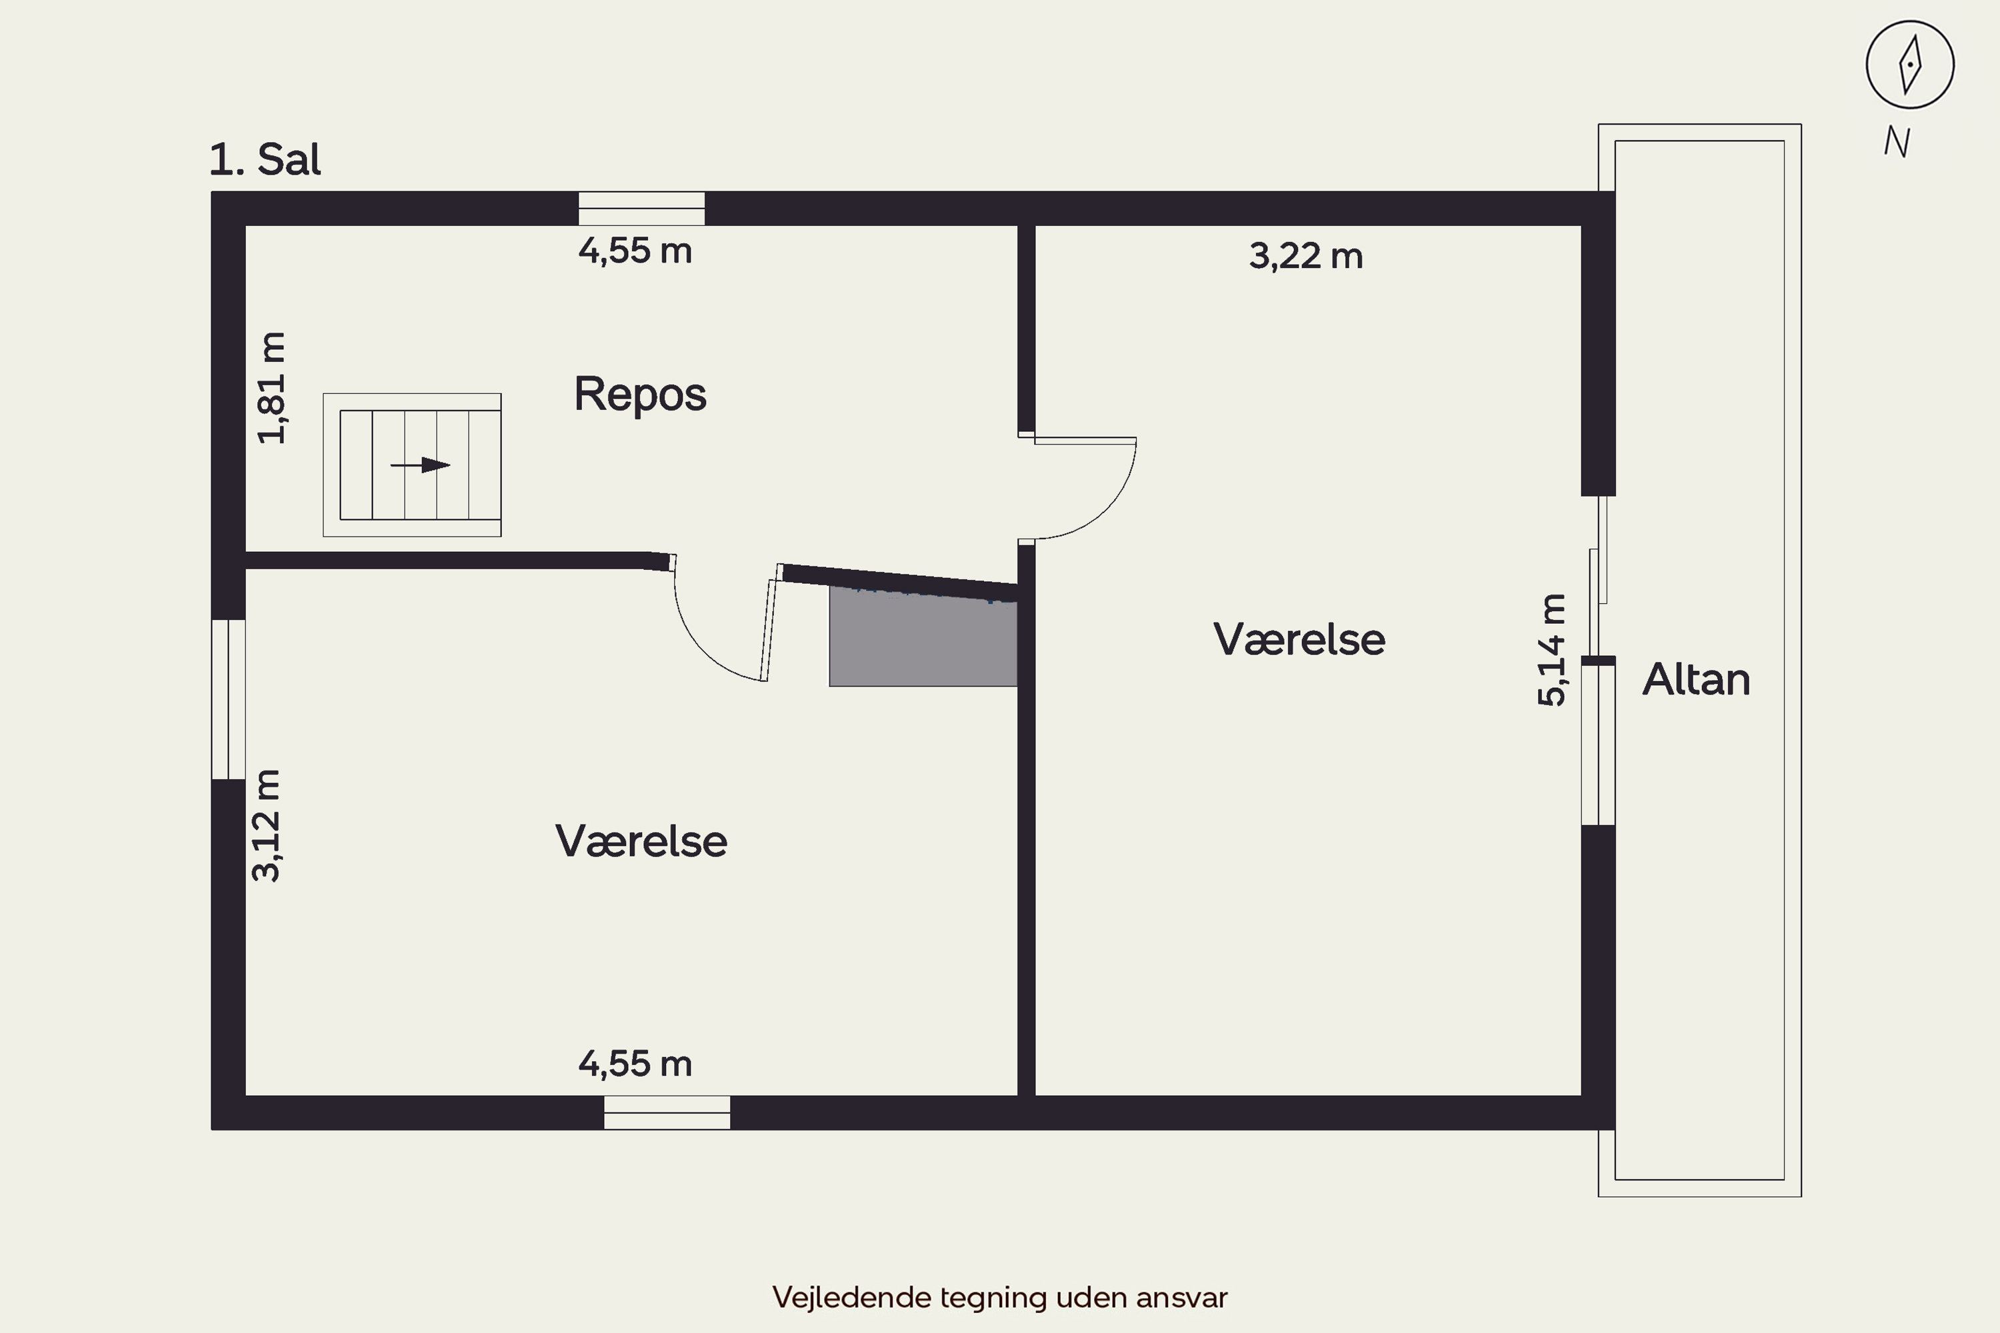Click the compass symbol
click(x=1910, y=65)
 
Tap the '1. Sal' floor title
click(x=265, y=159)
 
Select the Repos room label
click(x=639, y=394)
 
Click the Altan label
click(x=1695, y=679)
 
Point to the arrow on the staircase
click(x=421, y=465)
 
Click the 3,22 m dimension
click(x=1305, y=256)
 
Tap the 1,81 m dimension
click(x=272, y=388)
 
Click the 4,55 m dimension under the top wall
click(x=635, y=251)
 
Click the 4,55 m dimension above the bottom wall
click(x=635, y=1064)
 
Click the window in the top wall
click(x=641, y=208)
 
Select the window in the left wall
click(x=228, y=698)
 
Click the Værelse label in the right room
click(x=1299, y=639)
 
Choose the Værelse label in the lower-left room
click(x=641, y=842)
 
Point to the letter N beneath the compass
click(x=1897, y=142)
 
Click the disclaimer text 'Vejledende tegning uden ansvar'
click(x=999, y=1297)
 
